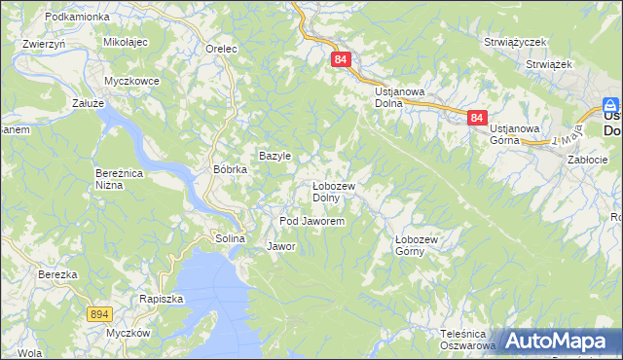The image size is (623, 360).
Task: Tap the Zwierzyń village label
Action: [x=44, y=44]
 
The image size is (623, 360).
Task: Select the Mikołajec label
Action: [x=125, y=43]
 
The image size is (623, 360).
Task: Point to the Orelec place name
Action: [x=223, y=48]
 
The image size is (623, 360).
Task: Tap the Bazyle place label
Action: [x=275, y=156]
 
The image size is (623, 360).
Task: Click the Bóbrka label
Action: [x=231, y=168]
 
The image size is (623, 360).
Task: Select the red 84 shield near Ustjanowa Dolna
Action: [x=341, y=59]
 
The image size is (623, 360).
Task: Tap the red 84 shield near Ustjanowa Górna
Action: [x=476, y=118]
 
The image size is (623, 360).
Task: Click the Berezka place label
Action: [x=57, y=274]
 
